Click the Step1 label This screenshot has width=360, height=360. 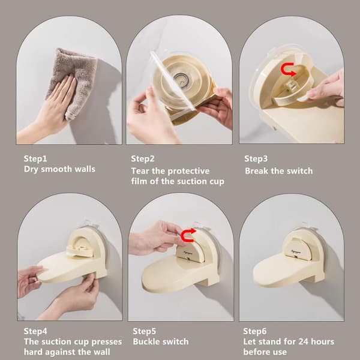click(x=35, y=158)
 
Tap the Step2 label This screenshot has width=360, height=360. click(x=143, y=158)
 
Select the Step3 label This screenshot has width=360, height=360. click(x=256, y=158)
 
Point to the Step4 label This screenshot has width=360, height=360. click(x=35, y=331)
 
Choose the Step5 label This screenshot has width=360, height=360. click(x=144, y=331)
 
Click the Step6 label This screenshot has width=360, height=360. click(x=254, y=331)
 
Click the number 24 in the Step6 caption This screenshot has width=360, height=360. click(x=302, y=341)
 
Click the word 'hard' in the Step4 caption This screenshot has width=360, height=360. click(x=32, y=352)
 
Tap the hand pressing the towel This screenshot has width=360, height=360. click(x=52, y=108)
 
